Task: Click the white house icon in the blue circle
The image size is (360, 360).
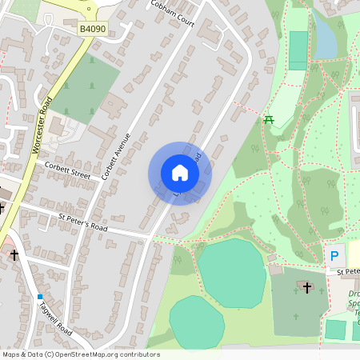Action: tap(180, 173)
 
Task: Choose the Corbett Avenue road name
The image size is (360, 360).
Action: tap(116, 155)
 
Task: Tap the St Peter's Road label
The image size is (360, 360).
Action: tap(82, 222)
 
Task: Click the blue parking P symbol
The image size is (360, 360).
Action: tap(334, 257)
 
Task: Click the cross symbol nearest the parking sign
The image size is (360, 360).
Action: tap(307, 286)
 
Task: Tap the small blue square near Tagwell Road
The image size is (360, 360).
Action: tap(40, 297)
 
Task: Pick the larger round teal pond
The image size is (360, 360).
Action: tap(232, 273)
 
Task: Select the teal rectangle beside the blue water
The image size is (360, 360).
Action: tap(298, 50)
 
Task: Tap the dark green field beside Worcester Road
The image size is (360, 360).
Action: tap(85, 88)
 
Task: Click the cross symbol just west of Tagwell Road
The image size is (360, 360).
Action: tap(14, 255)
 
